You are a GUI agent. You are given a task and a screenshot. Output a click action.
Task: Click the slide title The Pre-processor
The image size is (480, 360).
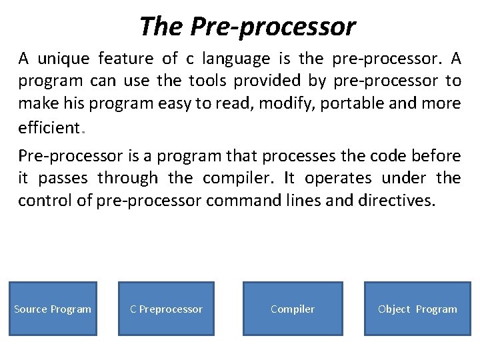point(247,27)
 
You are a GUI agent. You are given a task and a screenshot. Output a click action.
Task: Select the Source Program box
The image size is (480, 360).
point(53,309)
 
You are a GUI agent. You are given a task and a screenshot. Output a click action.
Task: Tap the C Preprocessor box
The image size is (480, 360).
point(166,309)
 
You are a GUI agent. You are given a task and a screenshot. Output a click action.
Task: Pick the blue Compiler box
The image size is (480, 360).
point(293,309)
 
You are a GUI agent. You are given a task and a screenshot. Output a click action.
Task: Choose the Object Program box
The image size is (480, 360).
point(417,309)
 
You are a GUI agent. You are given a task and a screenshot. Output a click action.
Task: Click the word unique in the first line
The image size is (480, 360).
point(63,59)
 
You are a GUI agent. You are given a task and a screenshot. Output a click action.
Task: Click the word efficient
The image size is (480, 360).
point(49,126)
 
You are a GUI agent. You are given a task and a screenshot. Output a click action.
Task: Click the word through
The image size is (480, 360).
point(127,178)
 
